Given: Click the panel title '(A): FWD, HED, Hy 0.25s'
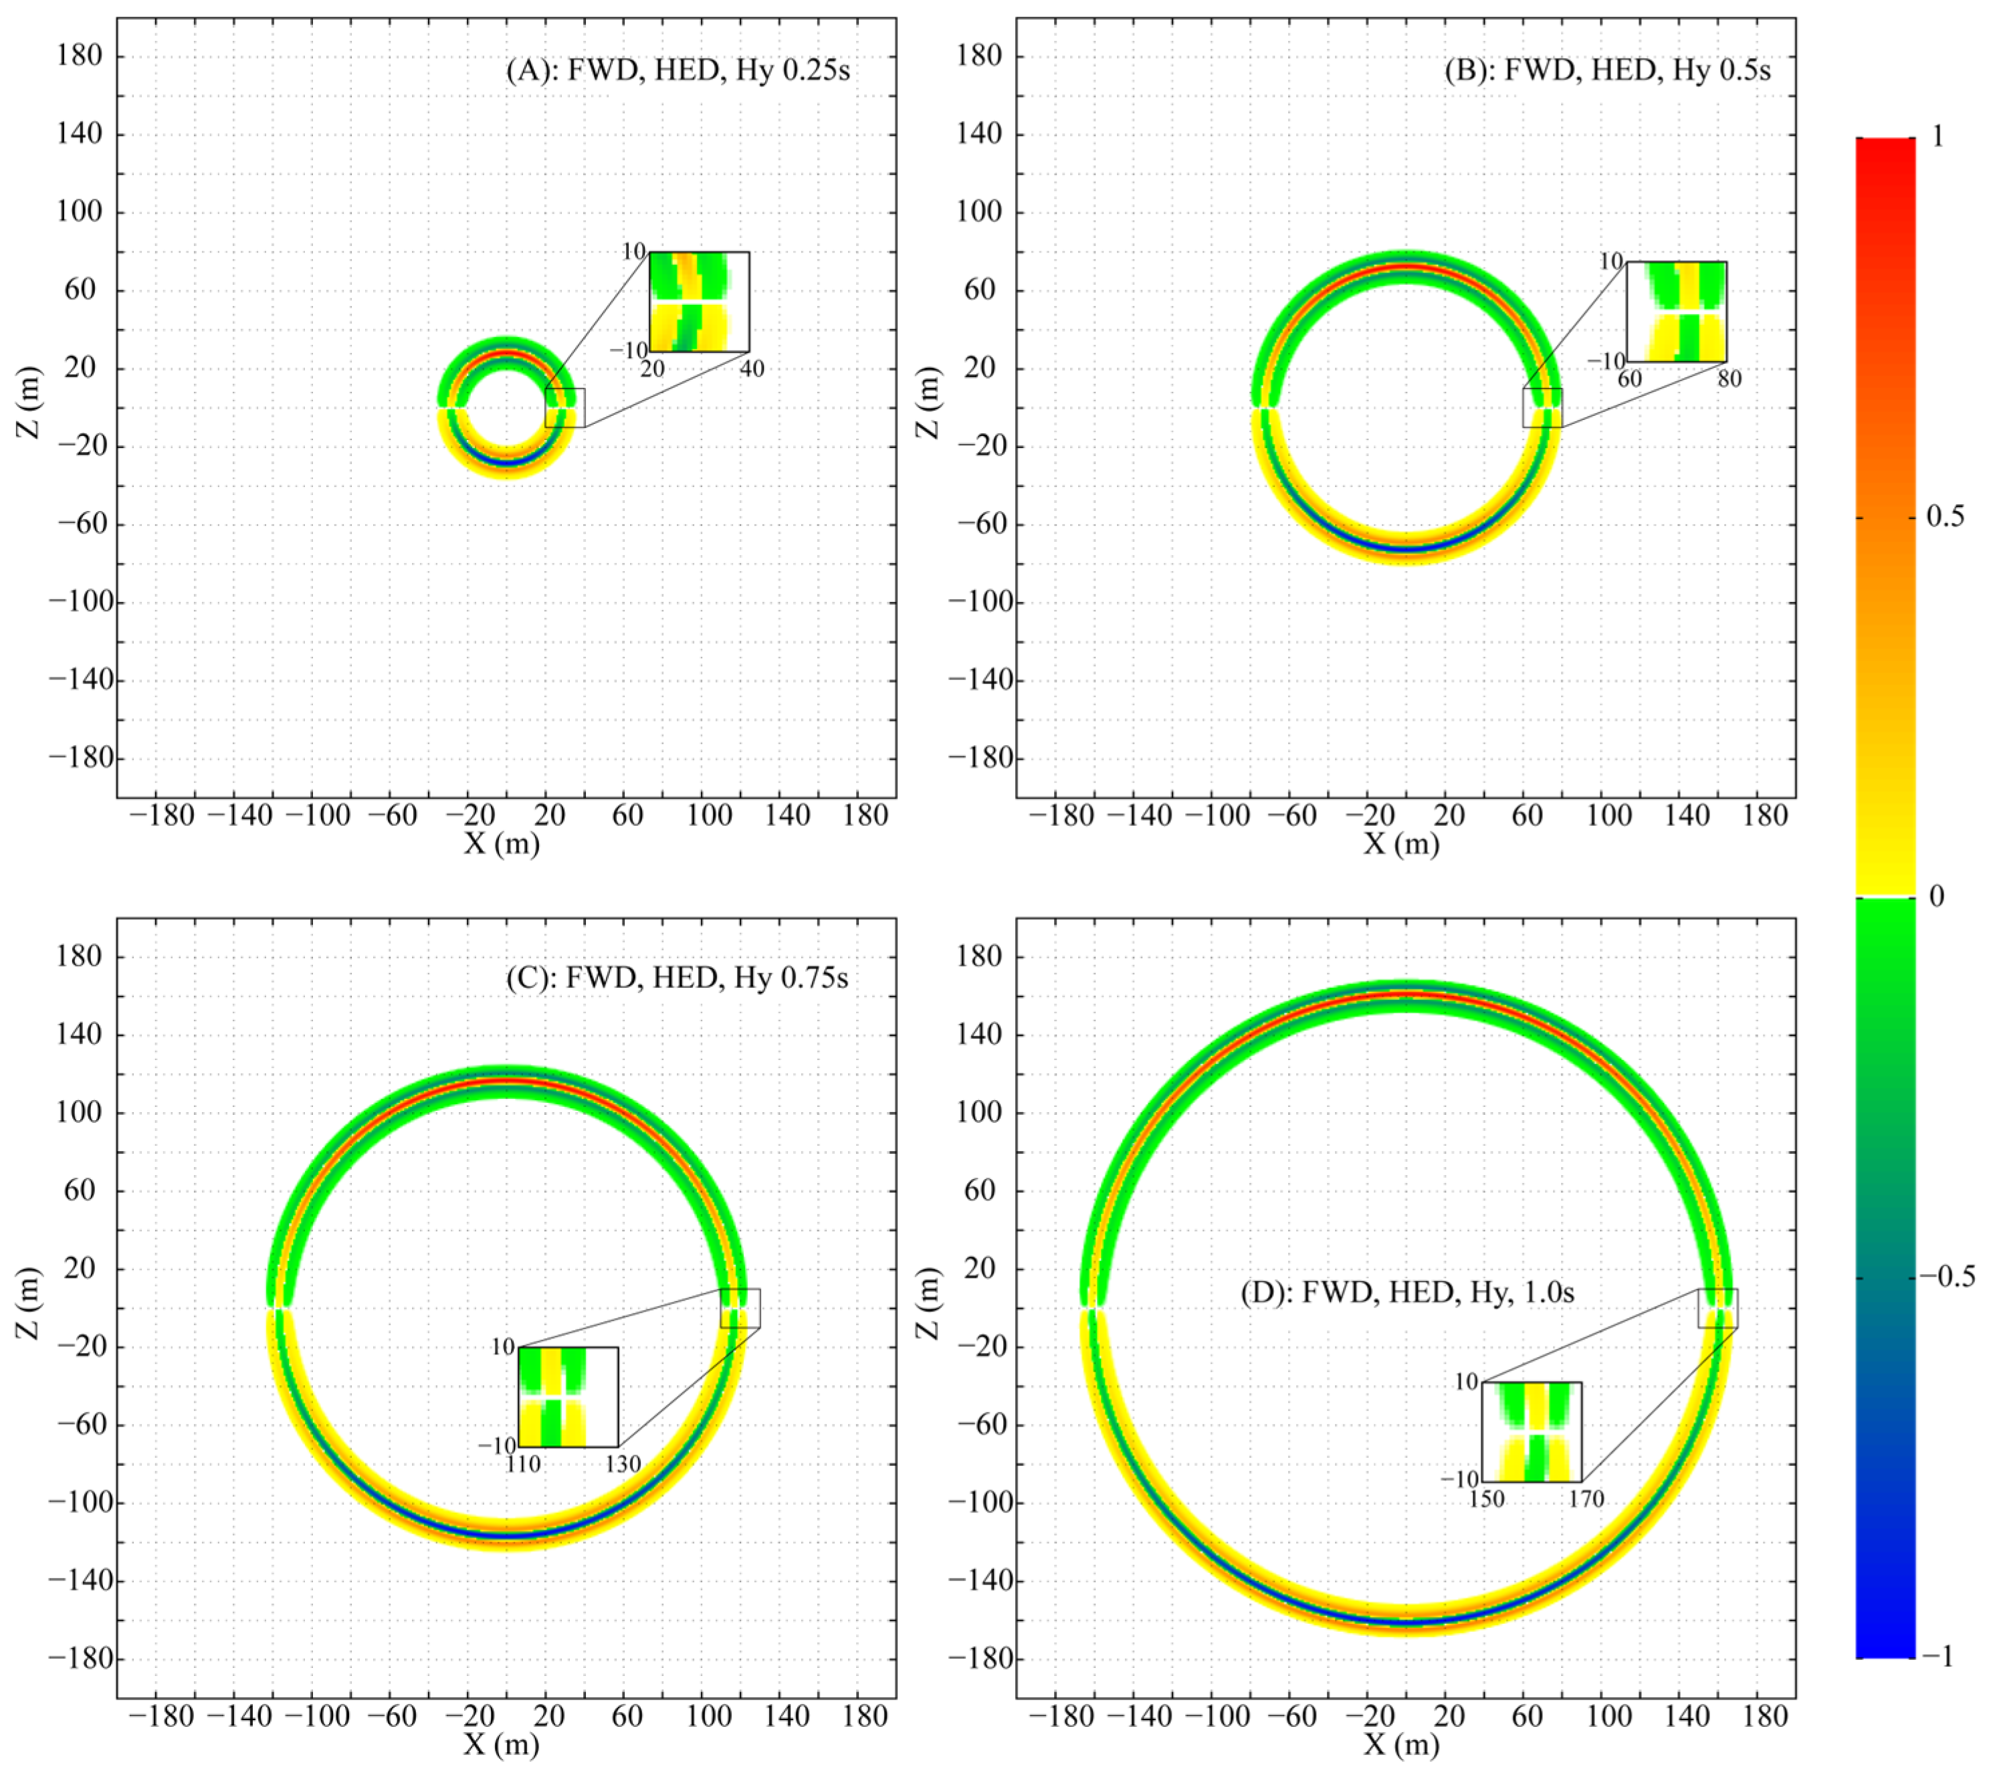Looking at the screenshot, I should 677,72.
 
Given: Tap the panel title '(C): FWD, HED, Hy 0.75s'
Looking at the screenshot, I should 677,977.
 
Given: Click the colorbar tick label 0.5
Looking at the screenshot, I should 1944,516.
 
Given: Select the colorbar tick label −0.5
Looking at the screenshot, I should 1946,1276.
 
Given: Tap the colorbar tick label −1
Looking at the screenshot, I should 1937,1657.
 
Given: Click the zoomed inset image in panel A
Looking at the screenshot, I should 699,302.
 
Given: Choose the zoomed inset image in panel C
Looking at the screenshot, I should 568,1397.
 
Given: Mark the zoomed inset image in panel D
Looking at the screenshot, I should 1531,1431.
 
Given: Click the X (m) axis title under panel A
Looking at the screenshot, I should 502,843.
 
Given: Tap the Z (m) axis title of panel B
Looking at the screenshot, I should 929,401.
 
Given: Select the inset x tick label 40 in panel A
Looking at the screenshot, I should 751,369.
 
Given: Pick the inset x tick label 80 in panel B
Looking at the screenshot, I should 1728,379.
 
